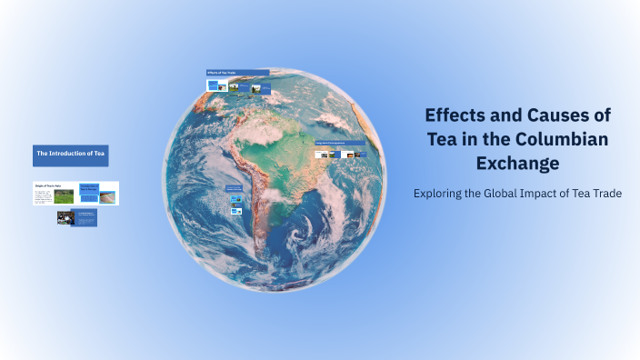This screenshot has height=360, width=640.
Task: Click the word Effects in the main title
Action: [x=454, y=115]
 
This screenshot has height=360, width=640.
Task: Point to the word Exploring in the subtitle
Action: [x=438, y=194]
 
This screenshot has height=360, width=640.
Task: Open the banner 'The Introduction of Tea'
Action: [x=71, y=155]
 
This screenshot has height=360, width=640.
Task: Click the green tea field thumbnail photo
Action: [x=64, y=195]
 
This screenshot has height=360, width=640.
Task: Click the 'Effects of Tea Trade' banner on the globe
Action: [x=237, y=73]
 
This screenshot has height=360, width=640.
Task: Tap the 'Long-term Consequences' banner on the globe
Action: [x=339, y=143]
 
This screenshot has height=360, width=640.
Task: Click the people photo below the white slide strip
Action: [x=65, y=217]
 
